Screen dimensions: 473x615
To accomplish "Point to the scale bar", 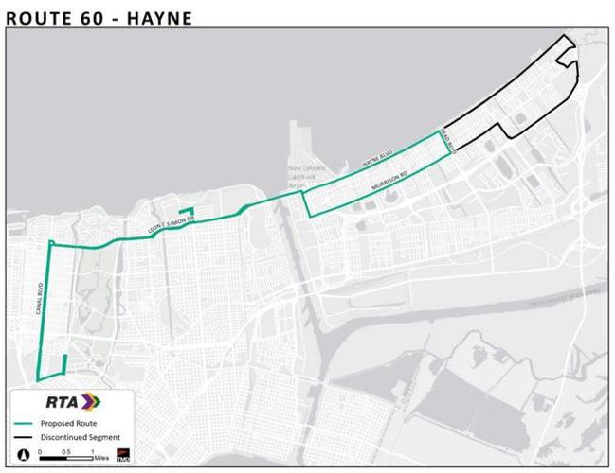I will [x=66, y=458].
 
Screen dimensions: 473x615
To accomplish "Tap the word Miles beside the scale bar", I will [x=101, y=458].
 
